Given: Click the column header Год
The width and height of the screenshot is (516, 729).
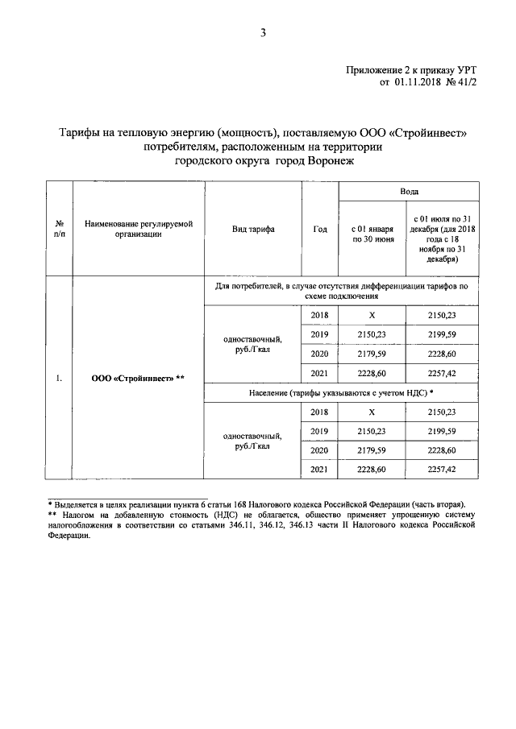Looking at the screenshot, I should click(x=319, y=230).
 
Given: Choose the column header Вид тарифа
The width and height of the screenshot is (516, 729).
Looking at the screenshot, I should click(x=252, y=230).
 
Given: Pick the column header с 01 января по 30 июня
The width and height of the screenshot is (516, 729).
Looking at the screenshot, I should click(x=372, y=234).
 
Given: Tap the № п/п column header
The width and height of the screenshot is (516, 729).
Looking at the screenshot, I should click(x=59, y=230).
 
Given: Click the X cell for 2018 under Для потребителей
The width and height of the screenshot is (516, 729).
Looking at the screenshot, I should click(x=372, y=315).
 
